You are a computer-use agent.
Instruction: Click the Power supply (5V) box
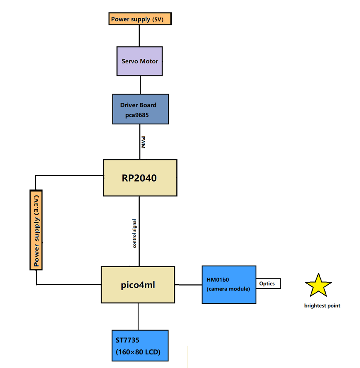tap(140, 19)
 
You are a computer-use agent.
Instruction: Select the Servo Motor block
tap(140, 61)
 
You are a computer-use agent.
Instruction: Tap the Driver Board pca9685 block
tap(141, 109)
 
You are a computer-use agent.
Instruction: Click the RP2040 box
tap(140, 178)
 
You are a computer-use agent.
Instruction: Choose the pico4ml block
tap(138, 285)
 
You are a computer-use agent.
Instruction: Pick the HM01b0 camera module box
tap(229, 285)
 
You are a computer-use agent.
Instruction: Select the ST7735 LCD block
tap(140, 346)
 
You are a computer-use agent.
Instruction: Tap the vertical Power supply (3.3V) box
tap(36, 230)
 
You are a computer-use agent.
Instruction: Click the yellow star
tap(318, 285)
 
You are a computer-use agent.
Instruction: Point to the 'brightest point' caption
tap(322, 306)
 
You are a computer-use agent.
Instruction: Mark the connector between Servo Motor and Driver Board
tap(140, 85)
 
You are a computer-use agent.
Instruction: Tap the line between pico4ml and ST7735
tap(138, 316)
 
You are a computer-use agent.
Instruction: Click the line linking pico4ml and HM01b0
tap(189, 285)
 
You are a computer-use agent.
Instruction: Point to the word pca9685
tap(134, 115)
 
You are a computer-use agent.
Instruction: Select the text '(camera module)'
tap(228, 289)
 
